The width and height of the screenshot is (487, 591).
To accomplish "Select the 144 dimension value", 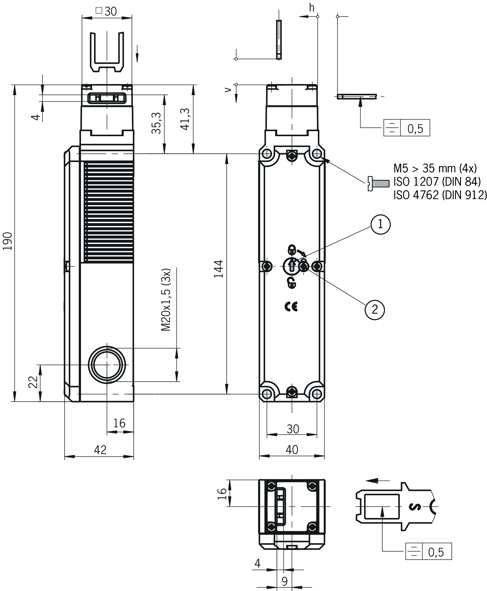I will (219, 269).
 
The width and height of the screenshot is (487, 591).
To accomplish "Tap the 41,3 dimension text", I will (185, 119).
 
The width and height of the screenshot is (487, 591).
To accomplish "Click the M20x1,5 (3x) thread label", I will (166, 300).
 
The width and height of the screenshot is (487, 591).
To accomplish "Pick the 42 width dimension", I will (100, 450).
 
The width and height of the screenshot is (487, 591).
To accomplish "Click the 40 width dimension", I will (292, 450).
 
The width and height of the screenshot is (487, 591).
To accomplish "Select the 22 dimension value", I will (33, 382).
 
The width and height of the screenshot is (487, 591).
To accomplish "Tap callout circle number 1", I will (380, 224).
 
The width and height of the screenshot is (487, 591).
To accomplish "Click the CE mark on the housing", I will (291, 307).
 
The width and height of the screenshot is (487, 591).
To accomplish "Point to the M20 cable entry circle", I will (107, 365).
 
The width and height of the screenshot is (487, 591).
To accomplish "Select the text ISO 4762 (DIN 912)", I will (440, 195).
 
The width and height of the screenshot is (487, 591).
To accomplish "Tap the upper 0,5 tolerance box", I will (415, 128).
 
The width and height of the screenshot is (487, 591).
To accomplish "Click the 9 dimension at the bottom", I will (284, 581).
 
